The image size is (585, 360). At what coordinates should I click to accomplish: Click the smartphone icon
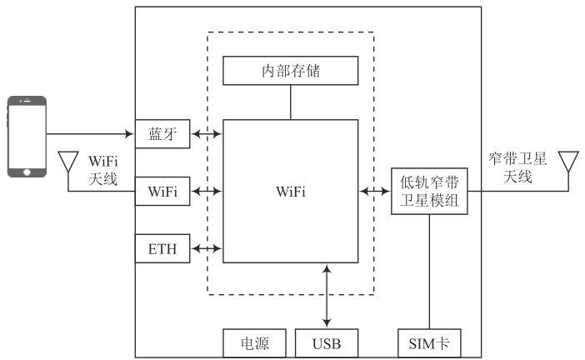[x=27, y=137]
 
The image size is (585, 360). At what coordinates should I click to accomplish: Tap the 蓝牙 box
[x=162, y=132]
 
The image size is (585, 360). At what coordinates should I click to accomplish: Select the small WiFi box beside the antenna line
[x=162, y=191]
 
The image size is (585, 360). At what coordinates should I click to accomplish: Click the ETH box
[x=162, y=247]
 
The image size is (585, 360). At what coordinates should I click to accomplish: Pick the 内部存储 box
[x=291, y=71]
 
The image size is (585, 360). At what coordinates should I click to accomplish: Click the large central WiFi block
[x=291, y=191]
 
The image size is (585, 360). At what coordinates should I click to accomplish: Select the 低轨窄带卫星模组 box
[x=429, y=191]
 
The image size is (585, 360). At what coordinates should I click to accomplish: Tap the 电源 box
[x=255, y=342]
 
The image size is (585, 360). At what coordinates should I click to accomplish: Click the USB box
[x=327, y=342]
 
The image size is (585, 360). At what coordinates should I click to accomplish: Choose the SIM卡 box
[x=429, y=342]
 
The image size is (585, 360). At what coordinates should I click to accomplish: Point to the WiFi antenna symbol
[x=67, y=161]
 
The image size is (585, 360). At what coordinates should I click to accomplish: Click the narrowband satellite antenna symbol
[x=568, y=161]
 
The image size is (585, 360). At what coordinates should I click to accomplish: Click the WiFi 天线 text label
[x=103, y=167]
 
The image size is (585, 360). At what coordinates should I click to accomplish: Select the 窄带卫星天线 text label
[x=518, y=168]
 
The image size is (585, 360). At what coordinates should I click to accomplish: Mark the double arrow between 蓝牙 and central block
[x=207, y=132]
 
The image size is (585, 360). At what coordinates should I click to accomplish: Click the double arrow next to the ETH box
[x=207, y=247]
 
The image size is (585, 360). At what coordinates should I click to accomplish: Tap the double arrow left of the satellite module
[x=375, y=191]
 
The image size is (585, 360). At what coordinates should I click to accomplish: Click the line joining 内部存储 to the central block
[x=291, y=102]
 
